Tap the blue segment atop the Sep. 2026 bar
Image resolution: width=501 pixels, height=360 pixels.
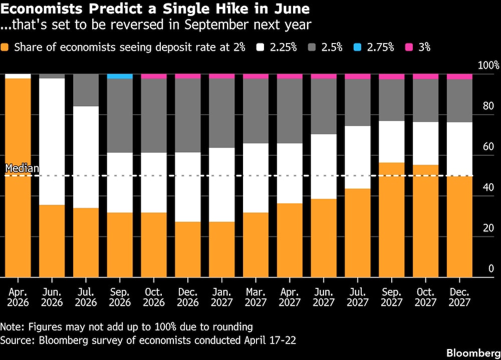(120, 76)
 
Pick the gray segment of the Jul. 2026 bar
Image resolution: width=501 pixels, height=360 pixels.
(86, 90)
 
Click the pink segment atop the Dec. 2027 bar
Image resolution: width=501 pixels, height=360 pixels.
(459, 77)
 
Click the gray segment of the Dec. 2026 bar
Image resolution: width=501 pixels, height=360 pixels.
(187, 115)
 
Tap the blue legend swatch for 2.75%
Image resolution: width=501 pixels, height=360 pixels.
(358, 48)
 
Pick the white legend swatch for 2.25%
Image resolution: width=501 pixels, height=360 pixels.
(260, 48)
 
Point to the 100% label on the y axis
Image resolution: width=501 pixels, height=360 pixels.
(489, 66)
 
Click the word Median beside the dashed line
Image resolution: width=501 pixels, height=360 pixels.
(22, 169)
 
